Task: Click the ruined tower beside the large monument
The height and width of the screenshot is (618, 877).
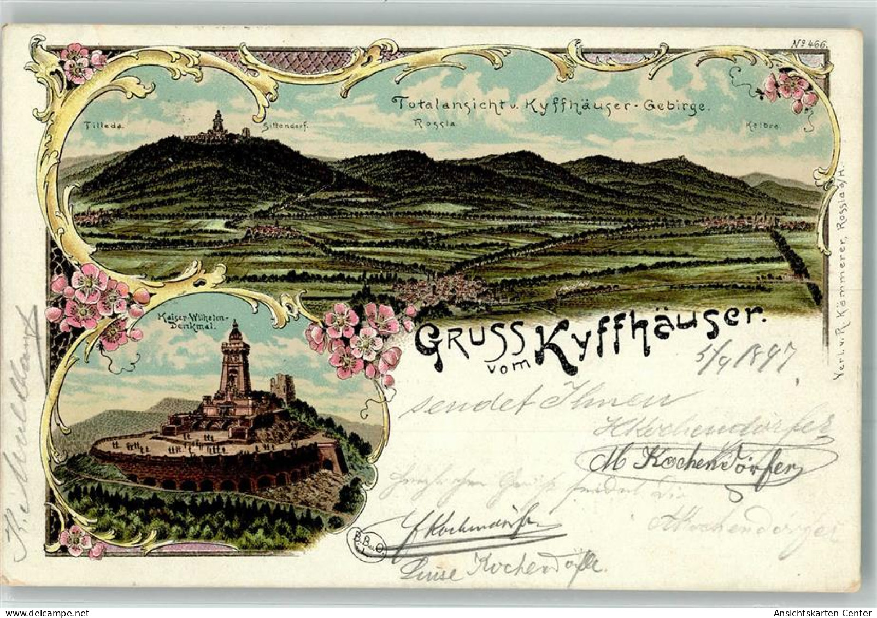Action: coord(282,387)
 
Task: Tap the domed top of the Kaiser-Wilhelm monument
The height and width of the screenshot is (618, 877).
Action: coord(235,331)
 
